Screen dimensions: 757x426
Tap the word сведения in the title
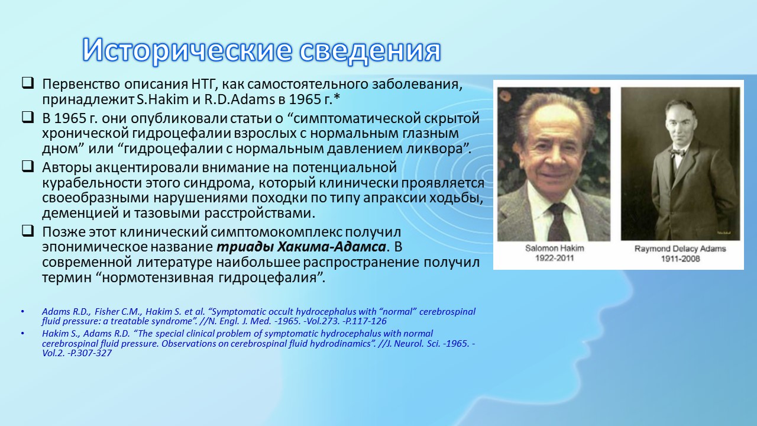(x=370, y=51)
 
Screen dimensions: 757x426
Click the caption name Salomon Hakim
(x=555, y=248)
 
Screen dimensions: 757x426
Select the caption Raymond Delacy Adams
(x=680, y=249)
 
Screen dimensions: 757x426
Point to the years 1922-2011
(x=555, y=259)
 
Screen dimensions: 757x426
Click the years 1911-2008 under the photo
(x=680, y=259)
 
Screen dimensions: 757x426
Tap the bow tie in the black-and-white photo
(x=678, y=152)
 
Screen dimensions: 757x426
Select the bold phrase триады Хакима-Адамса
(x=301, y=247)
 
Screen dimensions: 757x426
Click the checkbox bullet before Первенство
(x=28, y=83)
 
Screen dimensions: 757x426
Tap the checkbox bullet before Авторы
(x=28, y=166)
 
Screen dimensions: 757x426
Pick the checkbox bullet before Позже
(x=28, y=231)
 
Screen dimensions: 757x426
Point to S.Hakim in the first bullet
(x=163, y=99)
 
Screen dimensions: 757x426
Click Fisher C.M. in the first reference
(x=118, y=312)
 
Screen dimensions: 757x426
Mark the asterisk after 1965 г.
(x=337, y=98)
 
